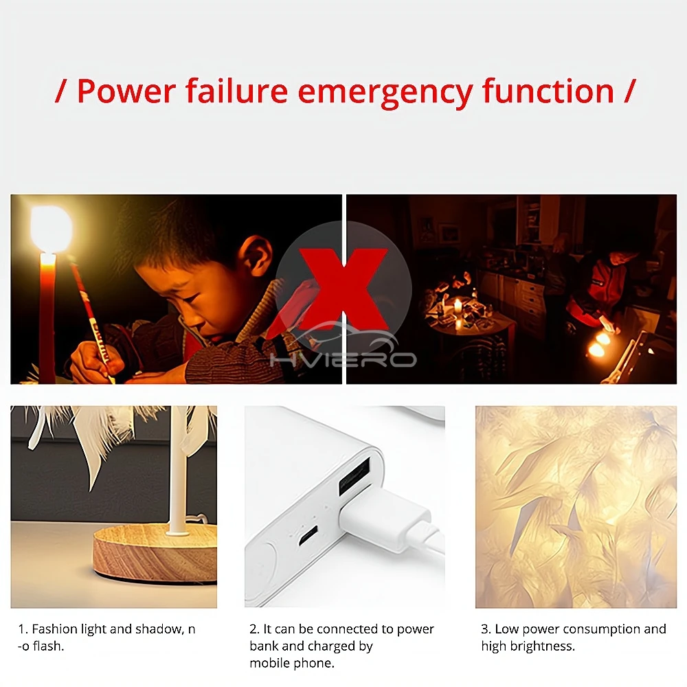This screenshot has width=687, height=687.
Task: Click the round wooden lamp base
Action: pos(155,554)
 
